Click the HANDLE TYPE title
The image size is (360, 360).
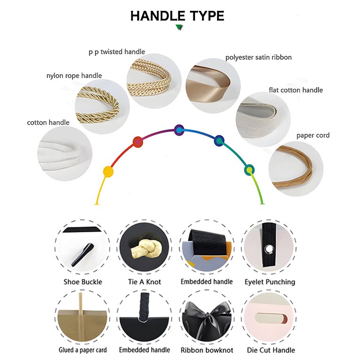click(177, 16)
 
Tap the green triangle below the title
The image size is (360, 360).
click(179, 27)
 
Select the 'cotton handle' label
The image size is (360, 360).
click(48, 122)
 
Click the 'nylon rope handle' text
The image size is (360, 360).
click(74, 76)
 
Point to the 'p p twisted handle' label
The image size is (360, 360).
click(117, 52)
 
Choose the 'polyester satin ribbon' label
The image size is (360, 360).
click(258, 57)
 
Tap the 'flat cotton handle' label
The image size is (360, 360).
click(296, 90)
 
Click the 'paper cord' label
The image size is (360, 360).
click(313, 135)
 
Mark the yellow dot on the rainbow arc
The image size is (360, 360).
click(108, 172)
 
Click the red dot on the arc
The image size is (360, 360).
click(138, 141)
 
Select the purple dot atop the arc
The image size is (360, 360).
click(179, 130)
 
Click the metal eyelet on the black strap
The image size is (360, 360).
click(269, 249)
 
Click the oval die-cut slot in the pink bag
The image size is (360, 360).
click(271, 319)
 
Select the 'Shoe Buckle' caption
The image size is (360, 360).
click(83, 282)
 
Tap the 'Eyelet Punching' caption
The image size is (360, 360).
click(270, 282)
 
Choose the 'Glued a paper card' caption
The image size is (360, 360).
click(83, 350)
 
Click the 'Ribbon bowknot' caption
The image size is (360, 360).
click(207, 350)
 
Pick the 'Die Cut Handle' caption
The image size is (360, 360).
click(271, 350)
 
